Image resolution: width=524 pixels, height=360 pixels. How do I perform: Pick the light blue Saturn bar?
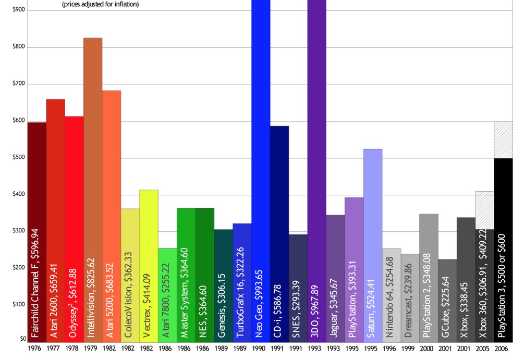(x=372, y=208)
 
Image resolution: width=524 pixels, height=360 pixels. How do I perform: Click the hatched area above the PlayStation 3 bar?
(x=503, y=140)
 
